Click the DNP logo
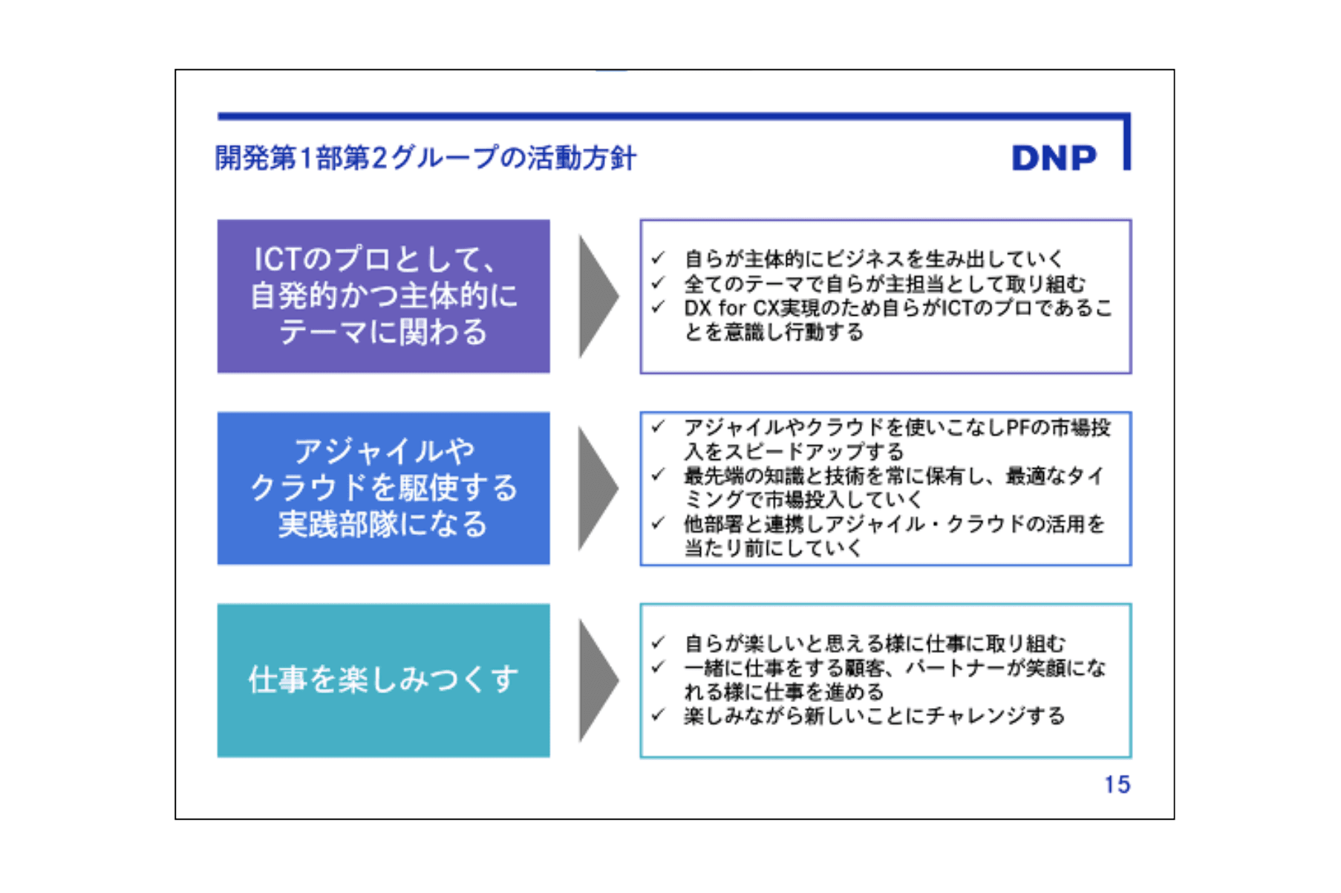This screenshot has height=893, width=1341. pyautogui.click(x=1054, y=158)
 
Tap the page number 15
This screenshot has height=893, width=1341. pyautogui.click(x=1116, y=785)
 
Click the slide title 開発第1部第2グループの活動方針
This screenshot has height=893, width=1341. pyautogui.click(x=425, y=158)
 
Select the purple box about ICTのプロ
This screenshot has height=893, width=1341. pyautogui.click(x=383, y=296)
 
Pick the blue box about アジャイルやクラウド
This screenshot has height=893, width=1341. pyautogui.click(x=383, y=488)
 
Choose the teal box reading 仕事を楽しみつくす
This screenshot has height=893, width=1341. pyautogui.click(x=383, y=680)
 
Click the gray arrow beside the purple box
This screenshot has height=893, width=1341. pyautogui.click(x=597, y=296)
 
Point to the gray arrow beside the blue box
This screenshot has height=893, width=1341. pyautogui.click(x=597, y=488)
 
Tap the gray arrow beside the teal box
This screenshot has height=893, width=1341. pyautogui.click(x=597, y=680)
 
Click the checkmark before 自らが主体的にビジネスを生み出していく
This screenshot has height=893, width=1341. pyautogui.click(x=658, y=258)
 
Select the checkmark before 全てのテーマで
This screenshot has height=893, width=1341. pyautogui.click(x=658, y=282)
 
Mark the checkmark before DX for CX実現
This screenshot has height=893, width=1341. pyautogui.click(x=658, y=306)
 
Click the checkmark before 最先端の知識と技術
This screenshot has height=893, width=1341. pyautogui.click(x=658, y=475)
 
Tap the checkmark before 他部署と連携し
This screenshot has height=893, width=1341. pyautogui.click(x=658, y=523)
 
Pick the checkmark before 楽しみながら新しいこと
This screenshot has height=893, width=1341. pyautogui.click(x=658, y=715)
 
